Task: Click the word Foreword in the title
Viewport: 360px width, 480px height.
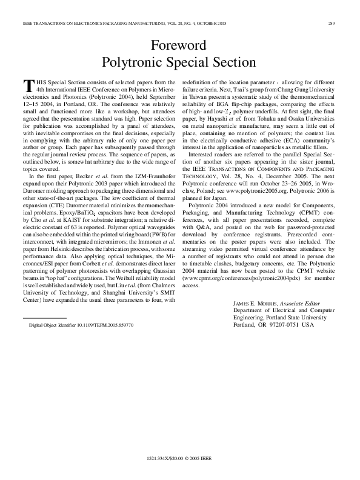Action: pyautogui.click(x=179, y=45)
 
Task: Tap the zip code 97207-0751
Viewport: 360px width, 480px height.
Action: pyautogui.click(x=288, y=324)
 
